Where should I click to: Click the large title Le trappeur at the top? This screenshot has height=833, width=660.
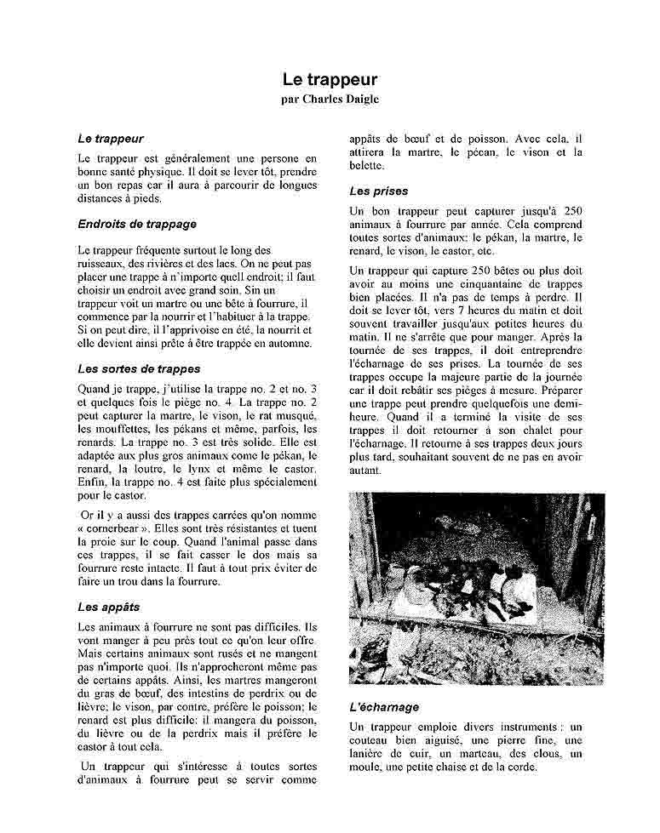pyautogui.click(x=330, y=79)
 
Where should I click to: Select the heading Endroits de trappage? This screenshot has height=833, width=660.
pyautogui.click(x=136, y=224)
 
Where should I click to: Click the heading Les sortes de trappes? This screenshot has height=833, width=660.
pyautogui.click(x=139, y=368)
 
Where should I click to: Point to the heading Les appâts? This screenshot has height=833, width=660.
pyautogui.click(x=108, y=607)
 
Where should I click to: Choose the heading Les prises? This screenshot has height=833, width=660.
pyautogui.click(x=379, y=191)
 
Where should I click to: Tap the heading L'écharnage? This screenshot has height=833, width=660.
pyautogui.click(x=384, y=707)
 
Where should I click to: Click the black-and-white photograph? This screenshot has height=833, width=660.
pyautogui.click(x=477, y=588)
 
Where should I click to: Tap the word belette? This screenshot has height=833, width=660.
pyautogui.click(x=367, y=166)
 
